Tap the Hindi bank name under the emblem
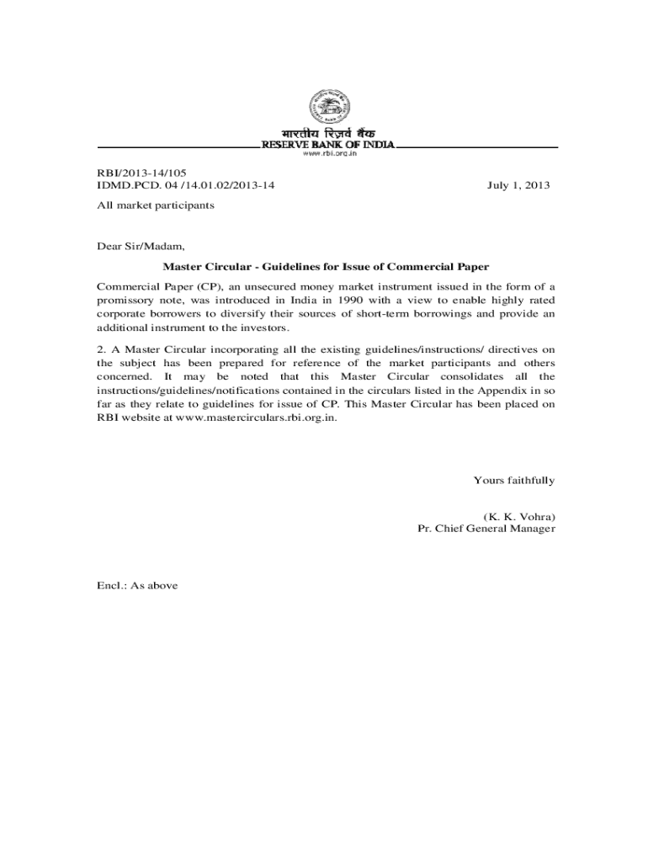(x=328, y=135)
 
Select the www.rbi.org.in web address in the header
(x=328, y=154)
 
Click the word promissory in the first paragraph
(x=117, y=301)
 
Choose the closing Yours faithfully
(x=513, y=481)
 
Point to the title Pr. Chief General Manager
(x=486, y=529)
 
